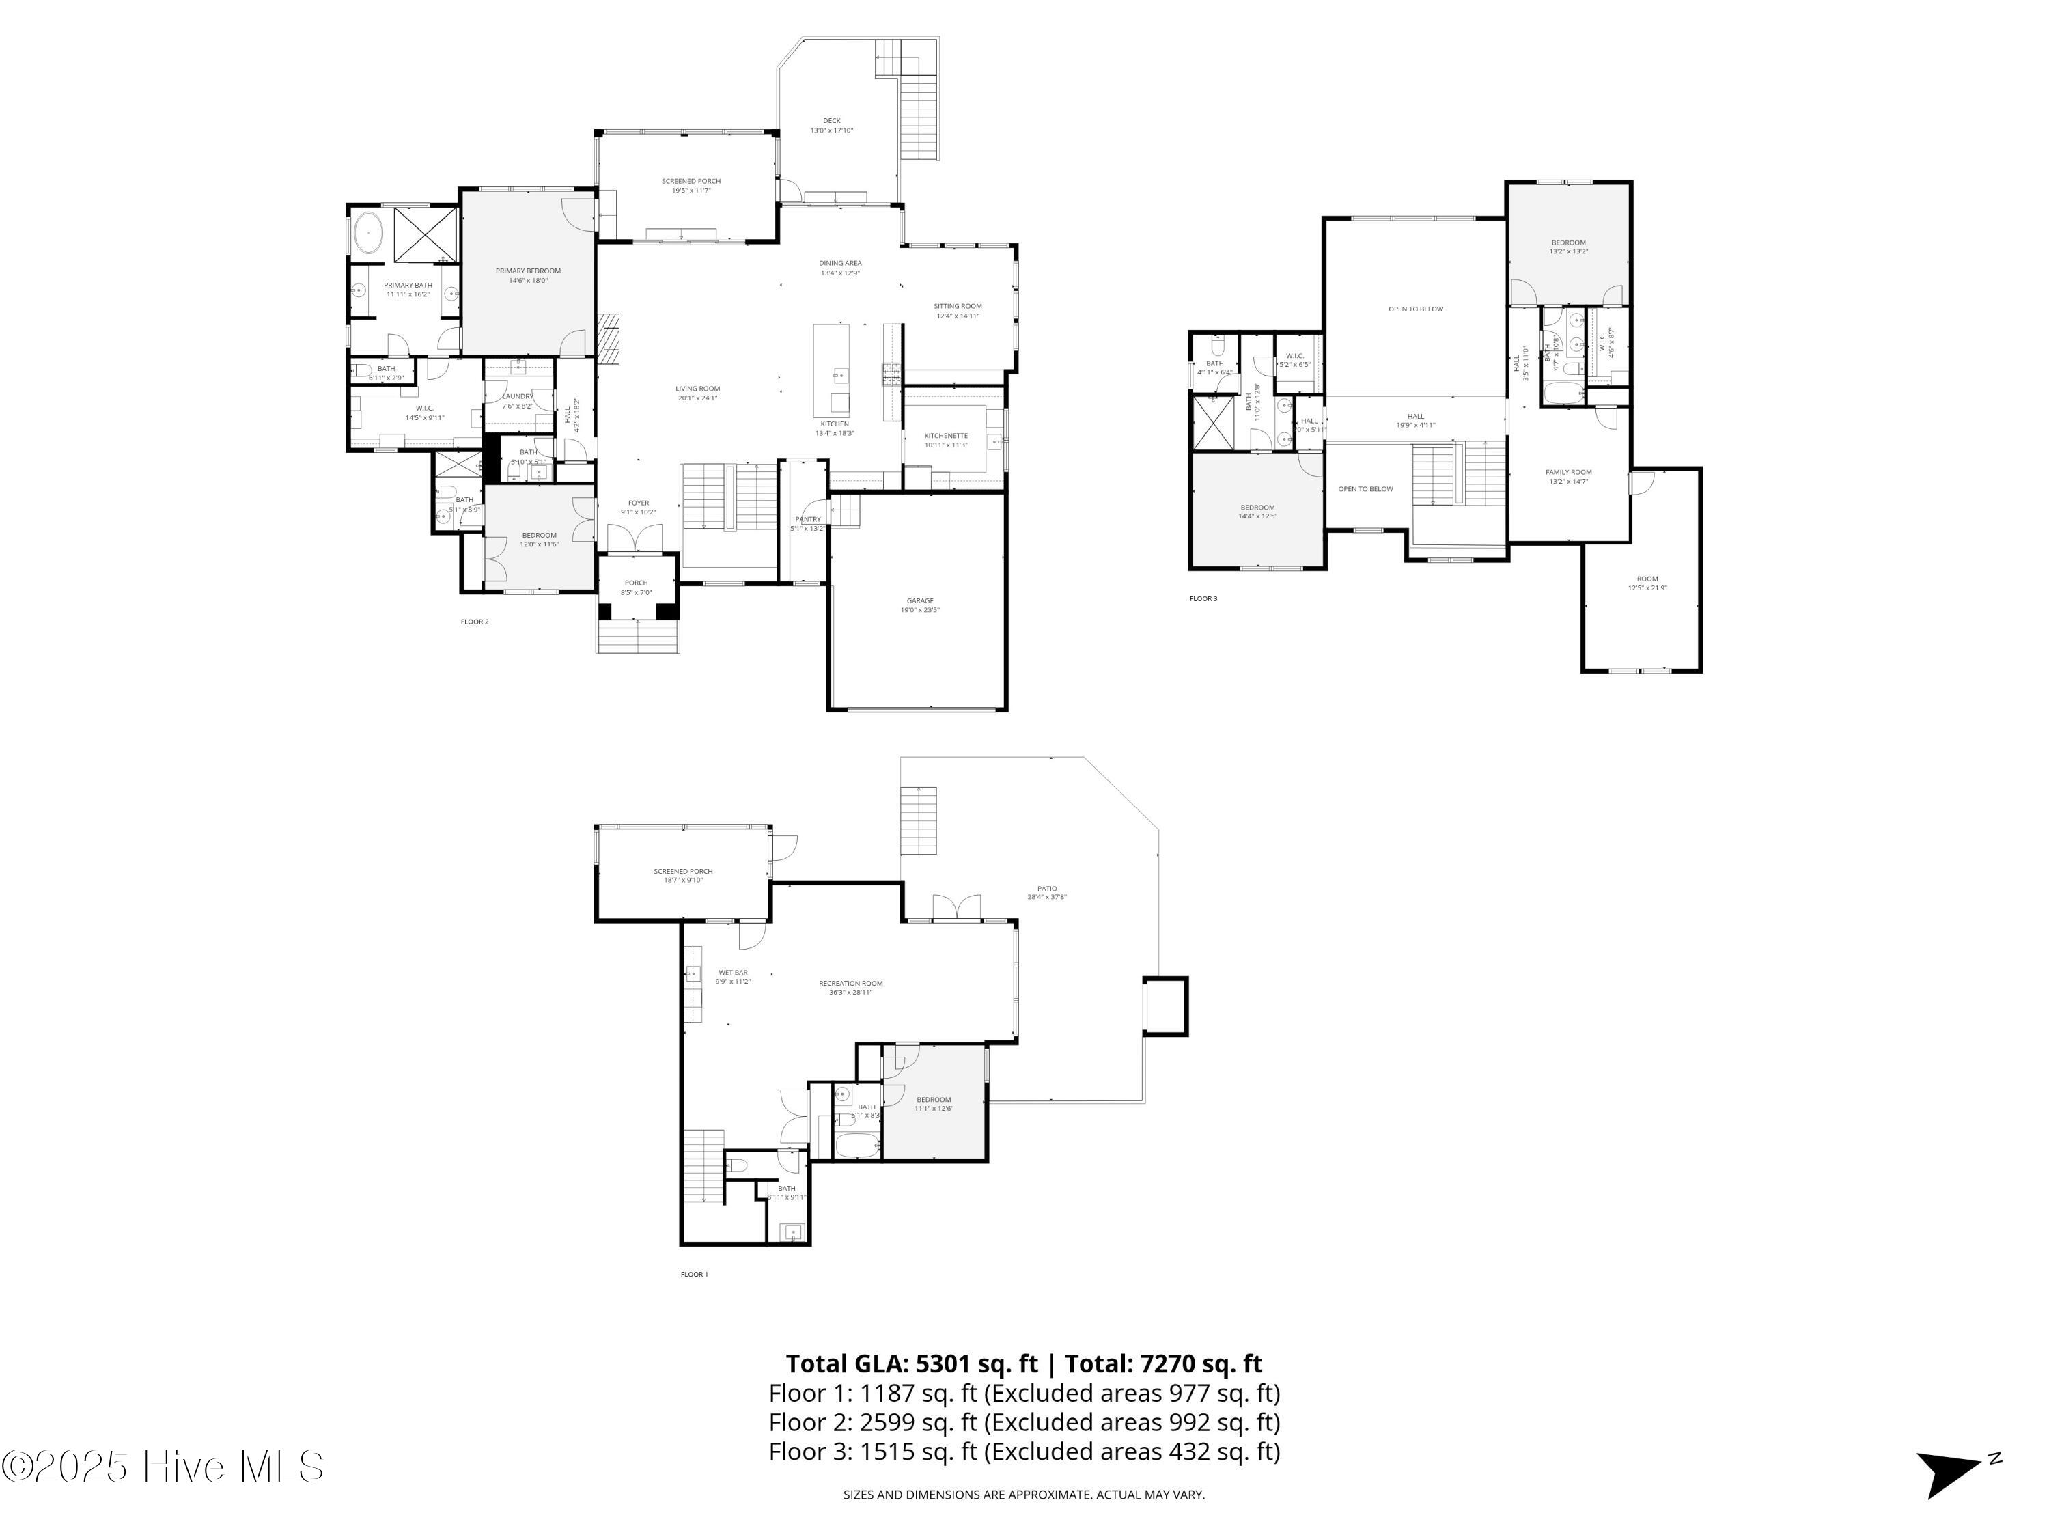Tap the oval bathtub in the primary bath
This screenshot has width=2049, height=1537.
click(x=369, y=232)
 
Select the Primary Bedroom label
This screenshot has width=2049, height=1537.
click(x=527, y=271)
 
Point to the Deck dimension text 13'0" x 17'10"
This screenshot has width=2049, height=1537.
click(x=831, y=130)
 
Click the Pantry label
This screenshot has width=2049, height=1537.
click(x=808, y=518)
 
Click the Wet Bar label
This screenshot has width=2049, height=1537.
click(x=731, y=973)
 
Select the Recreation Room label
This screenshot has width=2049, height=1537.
click(x=850, y=983)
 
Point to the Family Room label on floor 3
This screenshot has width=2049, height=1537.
click(x=1568, y=471)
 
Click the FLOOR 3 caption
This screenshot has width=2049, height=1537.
click(x=1203, y=598)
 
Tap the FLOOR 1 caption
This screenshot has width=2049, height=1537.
click(x=694, y=1274)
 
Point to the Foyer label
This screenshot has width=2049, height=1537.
click(x=638, y=503)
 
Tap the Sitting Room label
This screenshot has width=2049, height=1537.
click(x=957, y=306)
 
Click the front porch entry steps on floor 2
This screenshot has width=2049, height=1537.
click(x=638, y=637)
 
